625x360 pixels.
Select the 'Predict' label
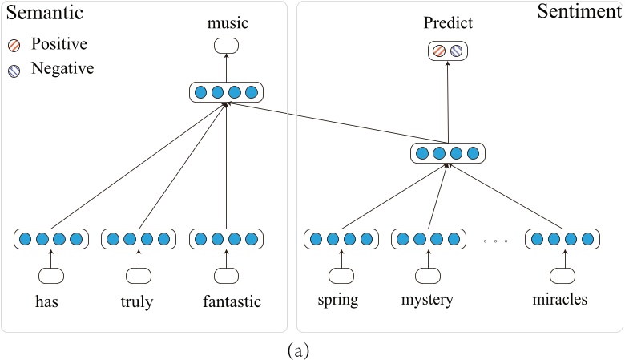click(448, 23)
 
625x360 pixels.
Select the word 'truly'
click(138, 301)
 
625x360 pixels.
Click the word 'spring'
click(338, 301)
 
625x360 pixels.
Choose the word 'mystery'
click(427, 301)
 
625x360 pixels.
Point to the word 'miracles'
click(560, 301)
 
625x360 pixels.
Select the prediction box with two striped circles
click(448, 51)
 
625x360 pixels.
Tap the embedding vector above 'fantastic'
click(226, 239)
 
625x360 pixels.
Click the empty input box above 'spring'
click(341, 275)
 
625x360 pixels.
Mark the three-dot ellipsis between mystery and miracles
click(495, 241)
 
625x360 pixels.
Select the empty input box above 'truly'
click(138, 275)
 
